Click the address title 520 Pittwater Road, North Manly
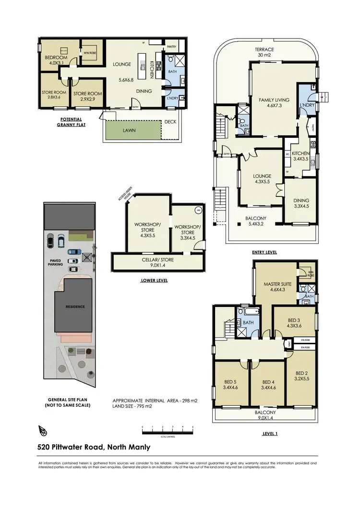[x=94, y=447]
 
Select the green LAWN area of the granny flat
[x=132, y=130]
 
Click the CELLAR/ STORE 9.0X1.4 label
[x=157, y=262]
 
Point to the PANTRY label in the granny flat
[x=171, y=47]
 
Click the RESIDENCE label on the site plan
[x=75, y=306]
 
